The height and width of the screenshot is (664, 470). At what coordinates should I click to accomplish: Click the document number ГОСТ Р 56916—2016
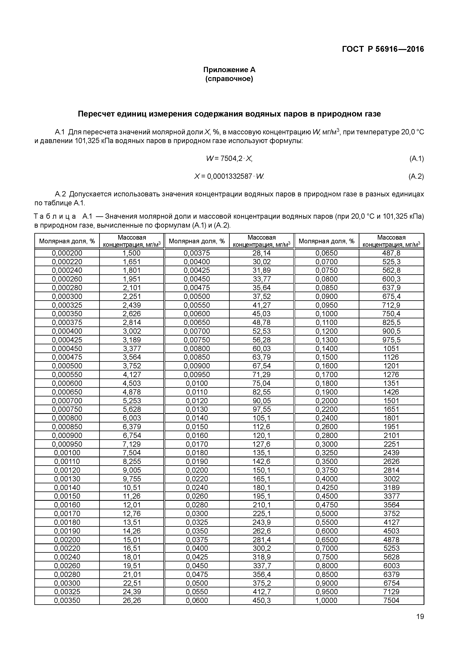pos(383,49)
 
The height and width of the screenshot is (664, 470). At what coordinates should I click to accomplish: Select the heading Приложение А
pos(229,70)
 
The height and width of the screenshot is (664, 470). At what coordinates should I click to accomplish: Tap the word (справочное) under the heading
pos(229,79)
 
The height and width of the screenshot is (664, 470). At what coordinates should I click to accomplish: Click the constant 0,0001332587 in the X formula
pos(230,176)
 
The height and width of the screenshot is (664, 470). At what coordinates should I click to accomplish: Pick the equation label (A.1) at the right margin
pos(416,158)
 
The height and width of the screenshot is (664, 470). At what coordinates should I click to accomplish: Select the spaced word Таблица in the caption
pos(55,216)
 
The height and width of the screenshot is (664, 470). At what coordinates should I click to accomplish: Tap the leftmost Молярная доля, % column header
pos(67,241)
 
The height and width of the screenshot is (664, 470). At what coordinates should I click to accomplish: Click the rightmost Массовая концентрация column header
pos(391,241)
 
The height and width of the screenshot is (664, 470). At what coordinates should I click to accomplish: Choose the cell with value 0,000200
pos(67,253)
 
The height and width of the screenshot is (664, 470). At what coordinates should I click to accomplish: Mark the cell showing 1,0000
pos(326,600)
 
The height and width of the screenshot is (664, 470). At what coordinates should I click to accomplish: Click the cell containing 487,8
pos(391,253)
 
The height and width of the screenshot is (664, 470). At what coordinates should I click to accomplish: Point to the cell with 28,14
pos(261,253)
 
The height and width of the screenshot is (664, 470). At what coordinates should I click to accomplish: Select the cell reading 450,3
pos(261,600)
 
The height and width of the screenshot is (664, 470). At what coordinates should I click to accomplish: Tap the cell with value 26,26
pos(132,600)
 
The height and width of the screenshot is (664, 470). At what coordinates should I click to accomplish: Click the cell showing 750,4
pos(391,314)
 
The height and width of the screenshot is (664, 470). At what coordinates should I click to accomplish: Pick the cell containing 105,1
pos(261,418)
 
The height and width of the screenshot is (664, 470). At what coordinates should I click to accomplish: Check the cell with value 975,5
pos(391,340)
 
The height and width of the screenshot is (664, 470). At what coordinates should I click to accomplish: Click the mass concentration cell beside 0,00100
pos(132,453)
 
